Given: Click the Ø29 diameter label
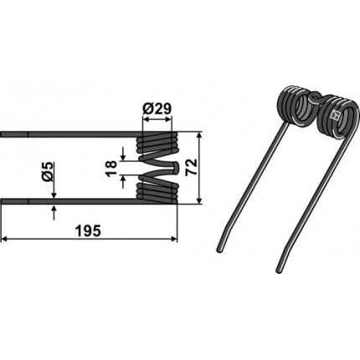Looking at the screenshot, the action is click(157, 109).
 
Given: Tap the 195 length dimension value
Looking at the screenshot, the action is click(88, 231).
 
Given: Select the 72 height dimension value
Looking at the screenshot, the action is click(192, 167).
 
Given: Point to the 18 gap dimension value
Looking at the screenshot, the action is click(111, 168).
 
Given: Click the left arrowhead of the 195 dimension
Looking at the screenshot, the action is click(4, 239).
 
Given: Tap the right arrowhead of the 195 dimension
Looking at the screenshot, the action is click(174, 239).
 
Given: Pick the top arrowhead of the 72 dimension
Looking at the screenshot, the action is click(199, 136).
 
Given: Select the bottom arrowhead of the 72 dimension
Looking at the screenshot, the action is click(199, 201).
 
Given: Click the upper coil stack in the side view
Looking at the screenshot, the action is click(157, 143).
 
